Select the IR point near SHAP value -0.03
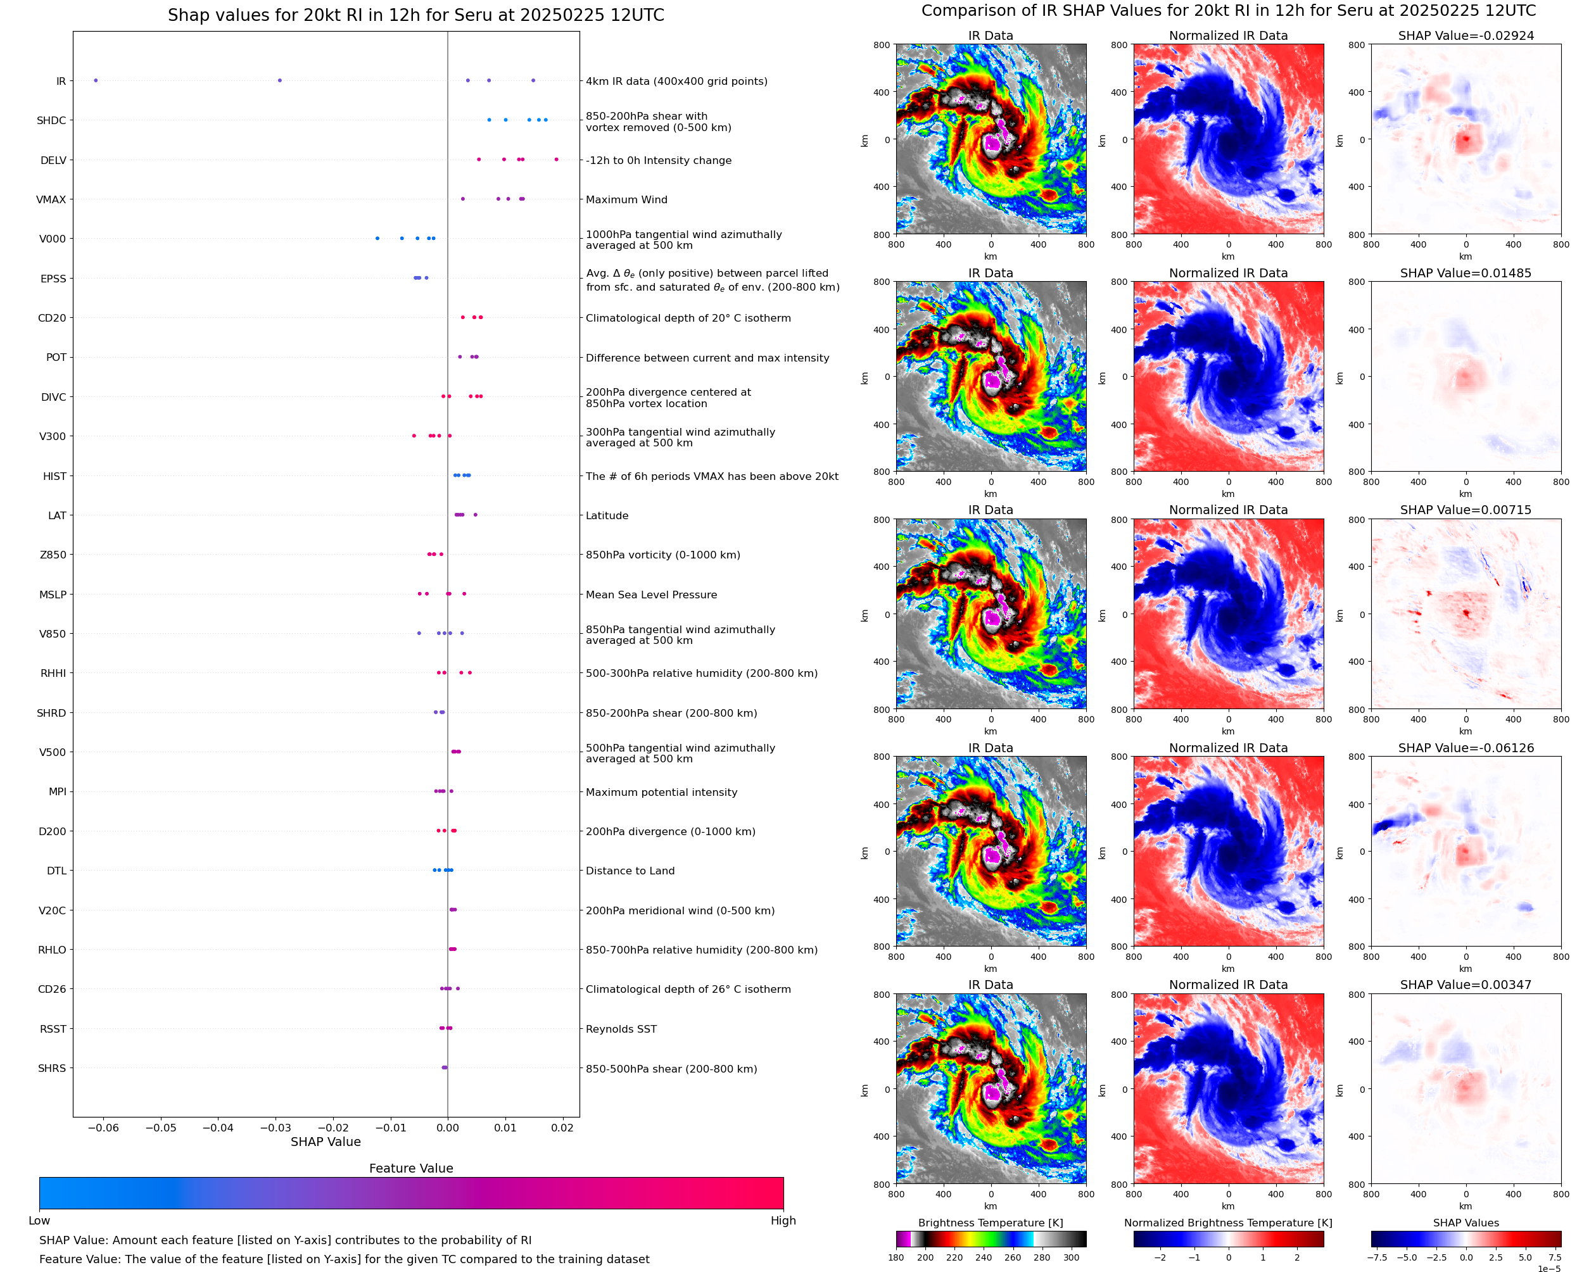click(x=279, y=80)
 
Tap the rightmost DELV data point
click(x=556, y=160)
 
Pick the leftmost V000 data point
click(x=377, y=238)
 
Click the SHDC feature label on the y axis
click(x=51, y=121)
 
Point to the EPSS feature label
click(x=53, y=279)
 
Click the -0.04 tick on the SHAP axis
click(x=218, y=1128)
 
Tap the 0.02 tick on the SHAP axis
click(x=562, y=1128)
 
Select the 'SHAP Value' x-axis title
click(x=326, y=1142)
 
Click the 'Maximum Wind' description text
click(x=626, y=200)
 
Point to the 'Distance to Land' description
click(x=630, y=871)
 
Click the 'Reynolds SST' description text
click(x=621, y=1030)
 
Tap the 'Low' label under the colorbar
click(x=39, y=1221)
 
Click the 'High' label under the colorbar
click(x=783, y=1221)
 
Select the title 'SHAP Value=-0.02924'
click(x=1466, y=36)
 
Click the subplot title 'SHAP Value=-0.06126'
click(x=1466, y=748)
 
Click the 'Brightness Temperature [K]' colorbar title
click(x=990, y=1223)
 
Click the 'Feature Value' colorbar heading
click(x=411, y=1169)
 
